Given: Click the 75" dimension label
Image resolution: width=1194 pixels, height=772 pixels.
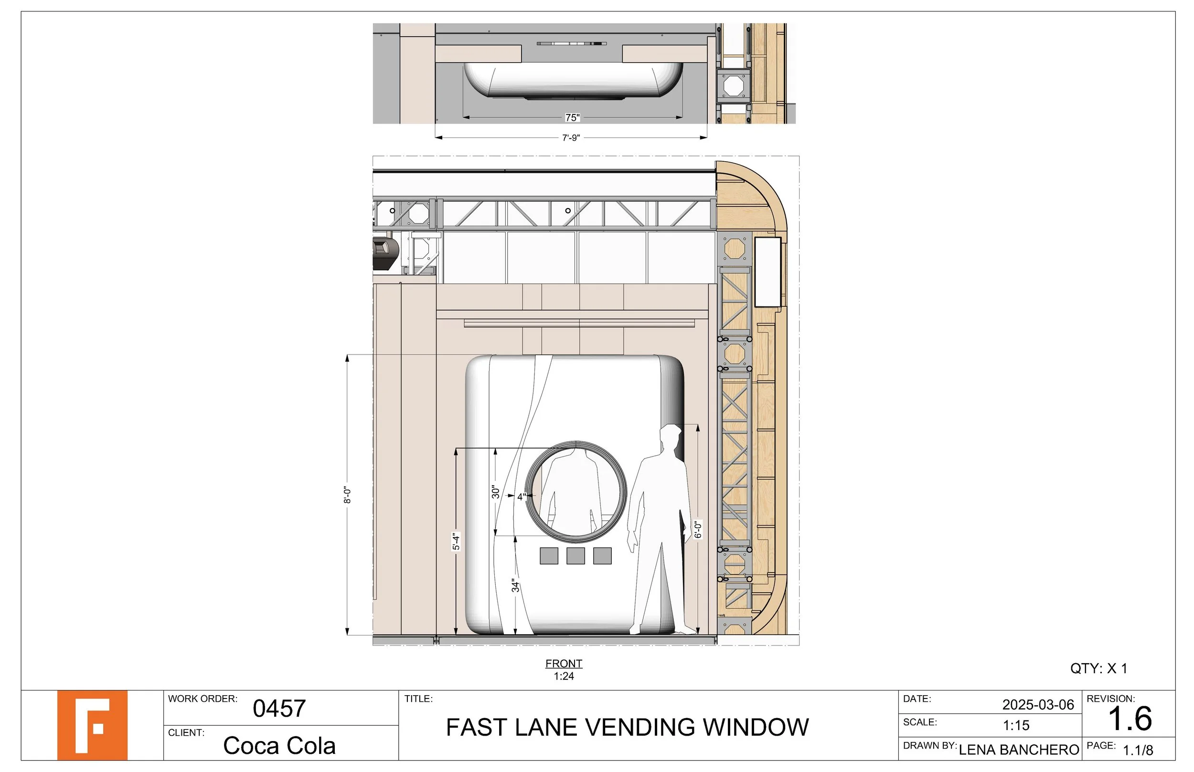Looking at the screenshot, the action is coord(572,117).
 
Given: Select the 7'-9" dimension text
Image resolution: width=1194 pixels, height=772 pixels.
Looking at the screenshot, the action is coord(571,138).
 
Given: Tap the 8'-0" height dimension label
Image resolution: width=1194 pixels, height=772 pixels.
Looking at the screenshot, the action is coord(347,495).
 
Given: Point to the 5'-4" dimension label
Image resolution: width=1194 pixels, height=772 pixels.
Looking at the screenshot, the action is coord(456,542).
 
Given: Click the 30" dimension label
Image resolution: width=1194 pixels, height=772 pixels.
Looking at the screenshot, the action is coord(496,492).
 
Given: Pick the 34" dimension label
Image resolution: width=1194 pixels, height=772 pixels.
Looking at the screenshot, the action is coord(516,585).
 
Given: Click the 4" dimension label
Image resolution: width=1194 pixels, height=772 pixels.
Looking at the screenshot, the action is coord(522,496).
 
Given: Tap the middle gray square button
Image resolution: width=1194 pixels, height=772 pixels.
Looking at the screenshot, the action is coord(576,556).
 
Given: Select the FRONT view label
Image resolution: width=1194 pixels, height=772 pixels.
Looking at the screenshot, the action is coord(564,663).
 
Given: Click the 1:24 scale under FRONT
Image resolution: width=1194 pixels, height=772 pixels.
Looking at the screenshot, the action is coord(564,676).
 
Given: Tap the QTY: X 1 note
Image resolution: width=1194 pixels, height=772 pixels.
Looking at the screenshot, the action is coord(1098,668).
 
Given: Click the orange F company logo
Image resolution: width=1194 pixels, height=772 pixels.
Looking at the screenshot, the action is coord(92,725).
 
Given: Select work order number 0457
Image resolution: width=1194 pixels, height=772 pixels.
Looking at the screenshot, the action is coord(279,709).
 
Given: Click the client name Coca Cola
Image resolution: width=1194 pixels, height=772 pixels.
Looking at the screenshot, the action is coord(279,746).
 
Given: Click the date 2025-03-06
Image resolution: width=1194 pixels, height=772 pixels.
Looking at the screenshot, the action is coord(1038,705).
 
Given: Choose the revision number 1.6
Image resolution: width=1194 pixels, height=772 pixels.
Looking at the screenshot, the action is coord(1130,719).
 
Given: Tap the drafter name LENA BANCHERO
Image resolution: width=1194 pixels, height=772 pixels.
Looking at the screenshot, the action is coord(1019,750).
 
